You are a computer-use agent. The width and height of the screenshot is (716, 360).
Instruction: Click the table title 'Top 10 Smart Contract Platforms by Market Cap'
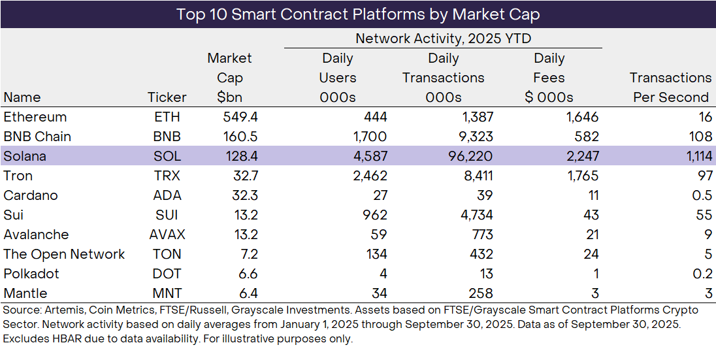tap(358, 14)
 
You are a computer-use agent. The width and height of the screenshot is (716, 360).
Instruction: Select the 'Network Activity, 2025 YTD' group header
tap(443, 39)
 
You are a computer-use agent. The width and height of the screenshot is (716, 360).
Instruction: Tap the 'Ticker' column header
tap(167, 97)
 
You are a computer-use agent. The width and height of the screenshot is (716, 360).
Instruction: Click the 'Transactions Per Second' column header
tap(670, 88)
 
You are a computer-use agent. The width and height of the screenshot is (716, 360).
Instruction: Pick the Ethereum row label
tap(35, 117)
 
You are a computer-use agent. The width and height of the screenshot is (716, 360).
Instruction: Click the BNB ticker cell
tap(167, 137)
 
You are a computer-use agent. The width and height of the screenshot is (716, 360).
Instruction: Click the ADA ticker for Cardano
tap(167, 195)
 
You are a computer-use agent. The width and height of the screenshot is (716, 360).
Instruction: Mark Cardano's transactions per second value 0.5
tap(702, 195)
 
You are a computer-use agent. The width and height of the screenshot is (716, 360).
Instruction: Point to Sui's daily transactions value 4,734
tap(475, 215)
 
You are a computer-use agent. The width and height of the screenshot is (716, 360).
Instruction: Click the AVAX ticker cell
tap(167, 235)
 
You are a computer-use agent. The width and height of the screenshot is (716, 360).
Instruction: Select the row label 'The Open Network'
tap(64, 254)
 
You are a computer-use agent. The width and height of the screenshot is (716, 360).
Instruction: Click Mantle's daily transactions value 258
tap(480, 293)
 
